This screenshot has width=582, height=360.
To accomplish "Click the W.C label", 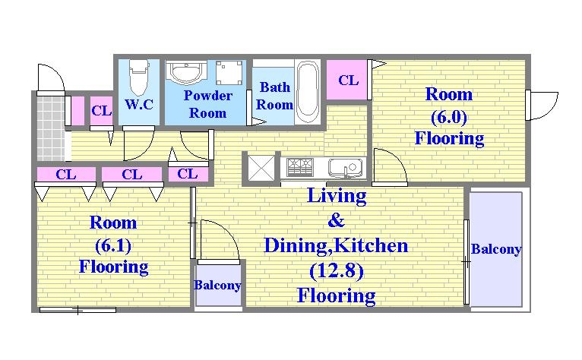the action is tap(139, 104).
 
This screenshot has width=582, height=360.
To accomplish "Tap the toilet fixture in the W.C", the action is tap(139, 77).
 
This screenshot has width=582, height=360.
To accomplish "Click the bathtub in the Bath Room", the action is tap(308, 92).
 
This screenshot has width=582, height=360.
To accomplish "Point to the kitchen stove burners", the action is tap(300, 166).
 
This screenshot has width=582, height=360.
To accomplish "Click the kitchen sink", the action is tap(345, 168).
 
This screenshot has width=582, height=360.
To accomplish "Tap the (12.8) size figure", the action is tap(337, 271).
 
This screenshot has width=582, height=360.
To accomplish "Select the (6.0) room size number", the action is tap(449, 117).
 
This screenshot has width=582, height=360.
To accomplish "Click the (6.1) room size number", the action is tap(113, 245).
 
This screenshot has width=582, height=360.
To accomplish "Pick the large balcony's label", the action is tap(496, 249).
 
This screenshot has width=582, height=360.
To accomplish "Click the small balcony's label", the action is tap(217, 285).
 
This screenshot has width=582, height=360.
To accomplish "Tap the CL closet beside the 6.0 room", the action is tap(347, 80).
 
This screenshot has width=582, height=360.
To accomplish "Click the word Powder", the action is tap(208, 96).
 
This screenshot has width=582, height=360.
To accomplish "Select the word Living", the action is tap(337, 196).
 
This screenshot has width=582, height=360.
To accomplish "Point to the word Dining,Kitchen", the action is tap(336, 245).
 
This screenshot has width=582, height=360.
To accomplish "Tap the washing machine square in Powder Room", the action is tap(229, 73).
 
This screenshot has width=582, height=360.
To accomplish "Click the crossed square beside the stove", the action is tap(261, 168).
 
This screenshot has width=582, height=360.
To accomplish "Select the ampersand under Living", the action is tap(336, 220).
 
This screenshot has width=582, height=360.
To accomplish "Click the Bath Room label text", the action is tap(275, 96).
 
